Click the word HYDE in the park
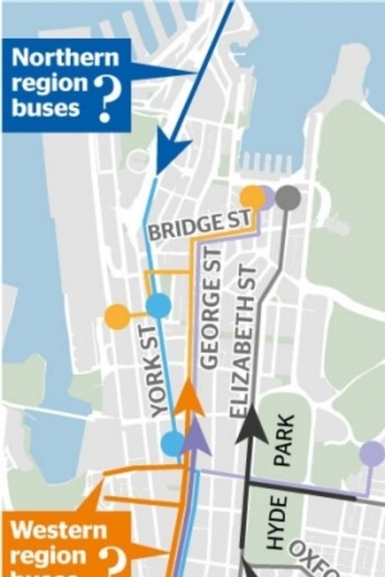tap(278, 524)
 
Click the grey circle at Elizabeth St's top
tap(288, 197)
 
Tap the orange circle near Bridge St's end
tap(252, 197)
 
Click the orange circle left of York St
tap(117, 317)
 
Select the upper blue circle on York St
tap(158, 306)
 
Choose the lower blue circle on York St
tap(173, 443)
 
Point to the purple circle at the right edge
tap(372, 453)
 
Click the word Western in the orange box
tap(59, 530)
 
